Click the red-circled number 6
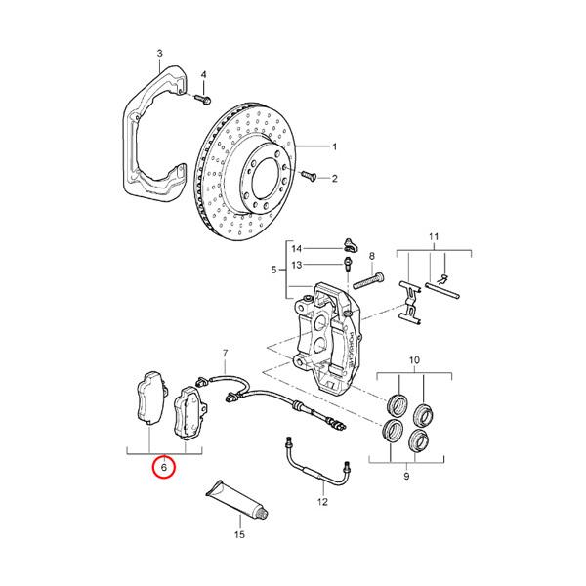tap(164, 468)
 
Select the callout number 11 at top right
tap(435, 237)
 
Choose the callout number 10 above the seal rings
tap(413, 361)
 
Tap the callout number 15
tap(237, 536)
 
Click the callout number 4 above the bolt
tap(204, 75)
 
